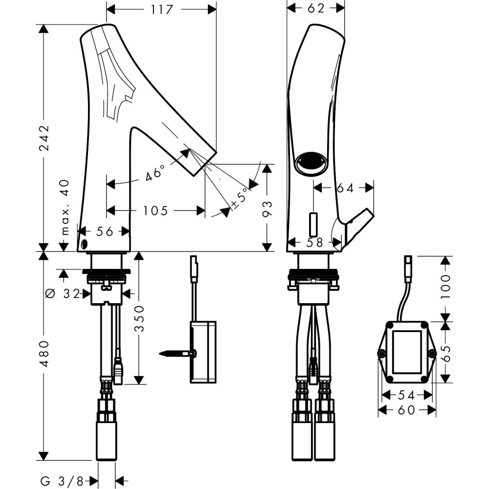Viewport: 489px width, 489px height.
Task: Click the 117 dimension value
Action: pos(161,9)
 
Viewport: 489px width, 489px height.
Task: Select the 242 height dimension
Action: pos(44,138)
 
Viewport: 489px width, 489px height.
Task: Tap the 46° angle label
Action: pos(156,174)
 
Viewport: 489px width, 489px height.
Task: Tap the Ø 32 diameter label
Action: pos(64,294)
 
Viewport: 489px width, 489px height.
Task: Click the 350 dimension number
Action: pos(139,319)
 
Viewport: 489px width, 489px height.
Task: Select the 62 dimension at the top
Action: pos(316,8)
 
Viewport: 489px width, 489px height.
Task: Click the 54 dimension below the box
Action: pos(405,394)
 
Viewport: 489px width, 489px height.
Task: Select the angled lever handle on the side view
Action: pos(357,226)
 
